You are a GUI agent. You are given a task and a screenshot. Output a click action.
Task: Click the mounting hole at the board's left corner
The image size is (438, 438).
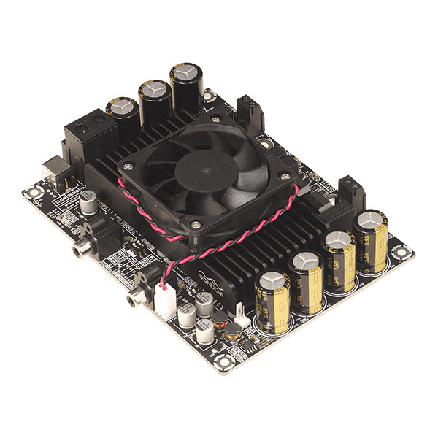pos(31,193)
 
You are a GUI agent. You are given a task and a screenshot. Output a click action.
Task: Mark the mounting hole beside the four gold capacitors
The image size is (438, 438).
pos(400,253)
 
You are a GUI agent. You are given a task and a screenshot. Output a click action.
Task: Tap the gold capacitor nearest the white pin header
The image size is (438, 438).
pos(271,301)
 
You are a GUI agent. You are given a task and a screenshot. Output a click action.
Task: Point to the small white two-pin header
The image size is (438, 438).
pos(239,315)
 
